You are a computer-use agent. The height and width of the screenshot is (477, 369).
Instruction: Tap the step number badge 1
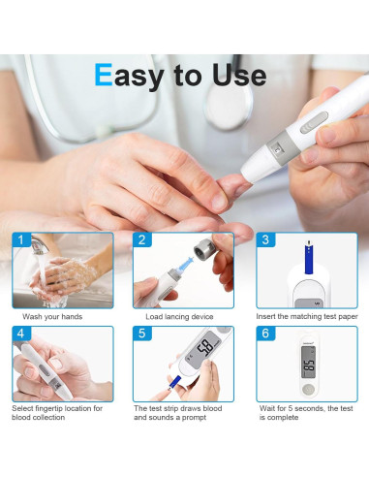pyautogui.click(x=20, y=238)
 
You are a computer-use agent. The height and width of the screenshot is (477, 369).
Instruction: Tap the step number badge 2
pyautogui.click(x=142, y=238)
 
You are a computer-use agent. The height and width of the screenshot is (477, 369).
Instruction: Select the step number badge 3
pyautogui.click(x=264, y=238)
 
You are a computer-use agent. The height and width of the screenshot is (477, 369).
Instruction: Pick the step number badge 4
pyautogui.click(x=20, y=333)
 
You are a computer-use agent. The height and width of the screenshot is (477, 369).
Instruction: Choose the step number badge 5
pyautogui.click(x=142, y=333)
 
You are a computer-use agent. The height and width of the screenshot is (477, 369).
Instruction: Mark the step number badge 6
pyautogui.click(x=264, y=333)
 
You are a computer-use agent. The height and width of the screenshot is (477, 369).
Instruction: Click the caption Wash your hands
pyautogui.click(x=52, y=317)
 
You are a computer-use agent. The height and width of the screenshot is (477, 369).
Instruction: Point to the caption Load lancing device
pyautogui.click(x=179, y=317)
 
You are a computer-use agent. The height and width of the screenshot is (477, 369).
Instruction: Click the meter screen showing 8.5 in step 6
pyautogui.click(x=308, y=368)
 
